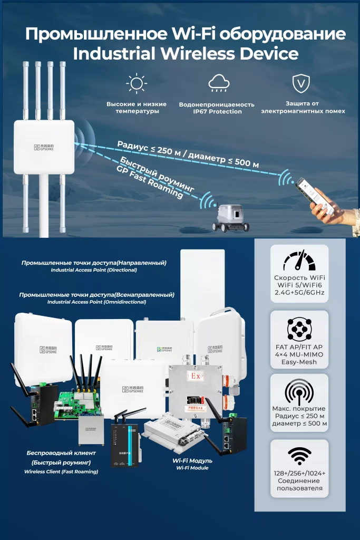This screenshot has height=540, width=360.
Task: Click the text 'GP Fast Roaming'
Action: click(150, 182)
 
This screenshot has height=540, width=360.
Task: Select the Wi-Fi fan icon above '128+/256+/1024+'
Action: click(298, 454)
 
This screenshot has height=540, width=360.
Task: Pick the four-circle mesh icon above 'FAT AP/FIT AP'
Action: click(298, 329)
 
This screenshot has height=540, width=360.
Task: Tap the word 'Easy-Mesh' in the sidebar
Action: click(299, 363)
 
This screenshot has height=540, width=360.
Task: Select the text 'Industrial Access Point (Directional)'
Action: click(94, 270)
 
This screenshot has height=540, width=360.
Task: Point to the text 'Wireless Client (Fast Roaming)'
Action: click(61, 471)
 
